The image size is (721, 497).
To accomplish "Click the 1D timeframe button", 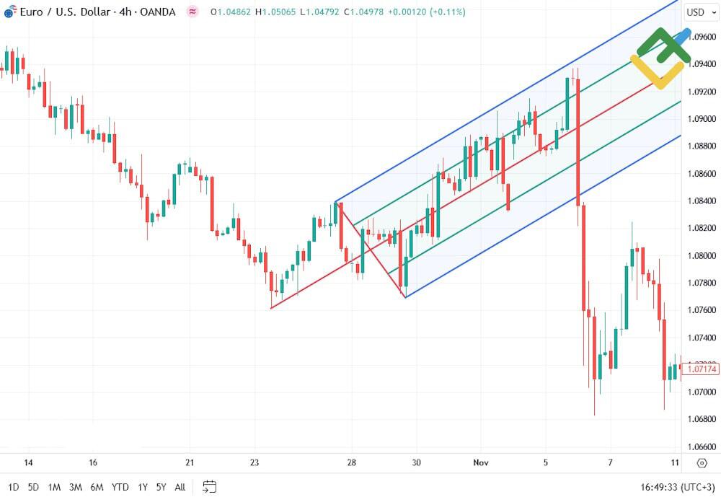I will pyautogui.click(x=14, y=487).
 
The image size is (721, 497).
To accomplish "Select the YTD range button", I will pyautogui.click(x=120, y=487).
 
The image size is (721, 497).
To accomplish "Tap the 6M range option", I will pyautogui.click(x=97, y=487).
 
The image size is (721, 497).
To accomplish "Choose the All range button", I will pyautogui.click(x=180, y=487).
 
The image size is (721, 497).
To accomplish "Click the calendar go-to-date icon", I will pyautogui.click(x=209, y=487).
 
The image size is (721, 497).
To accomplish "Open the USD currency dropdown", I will pyautogui.click(x=699, y=12).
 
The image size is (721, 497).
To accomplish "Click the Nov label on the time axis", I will pyautogui.click(x=480, y=463).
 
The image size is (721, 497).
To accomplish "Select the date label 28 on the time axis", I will pyautogui.click(x=352, y=463).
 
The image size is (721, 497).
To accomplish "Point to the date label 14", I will pyautogui.click(x=28, y=463).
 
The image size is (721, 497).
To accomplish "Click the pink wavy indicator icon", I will pyautogui.click(x=192, y=12).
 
